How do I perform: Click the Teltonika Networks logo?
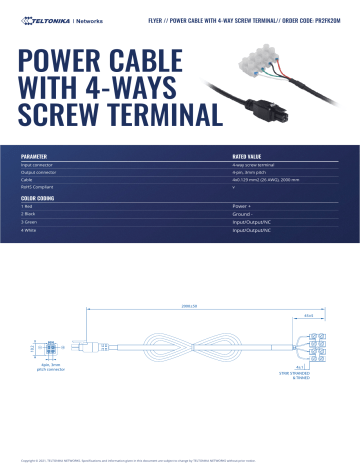tap(51, 19)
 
